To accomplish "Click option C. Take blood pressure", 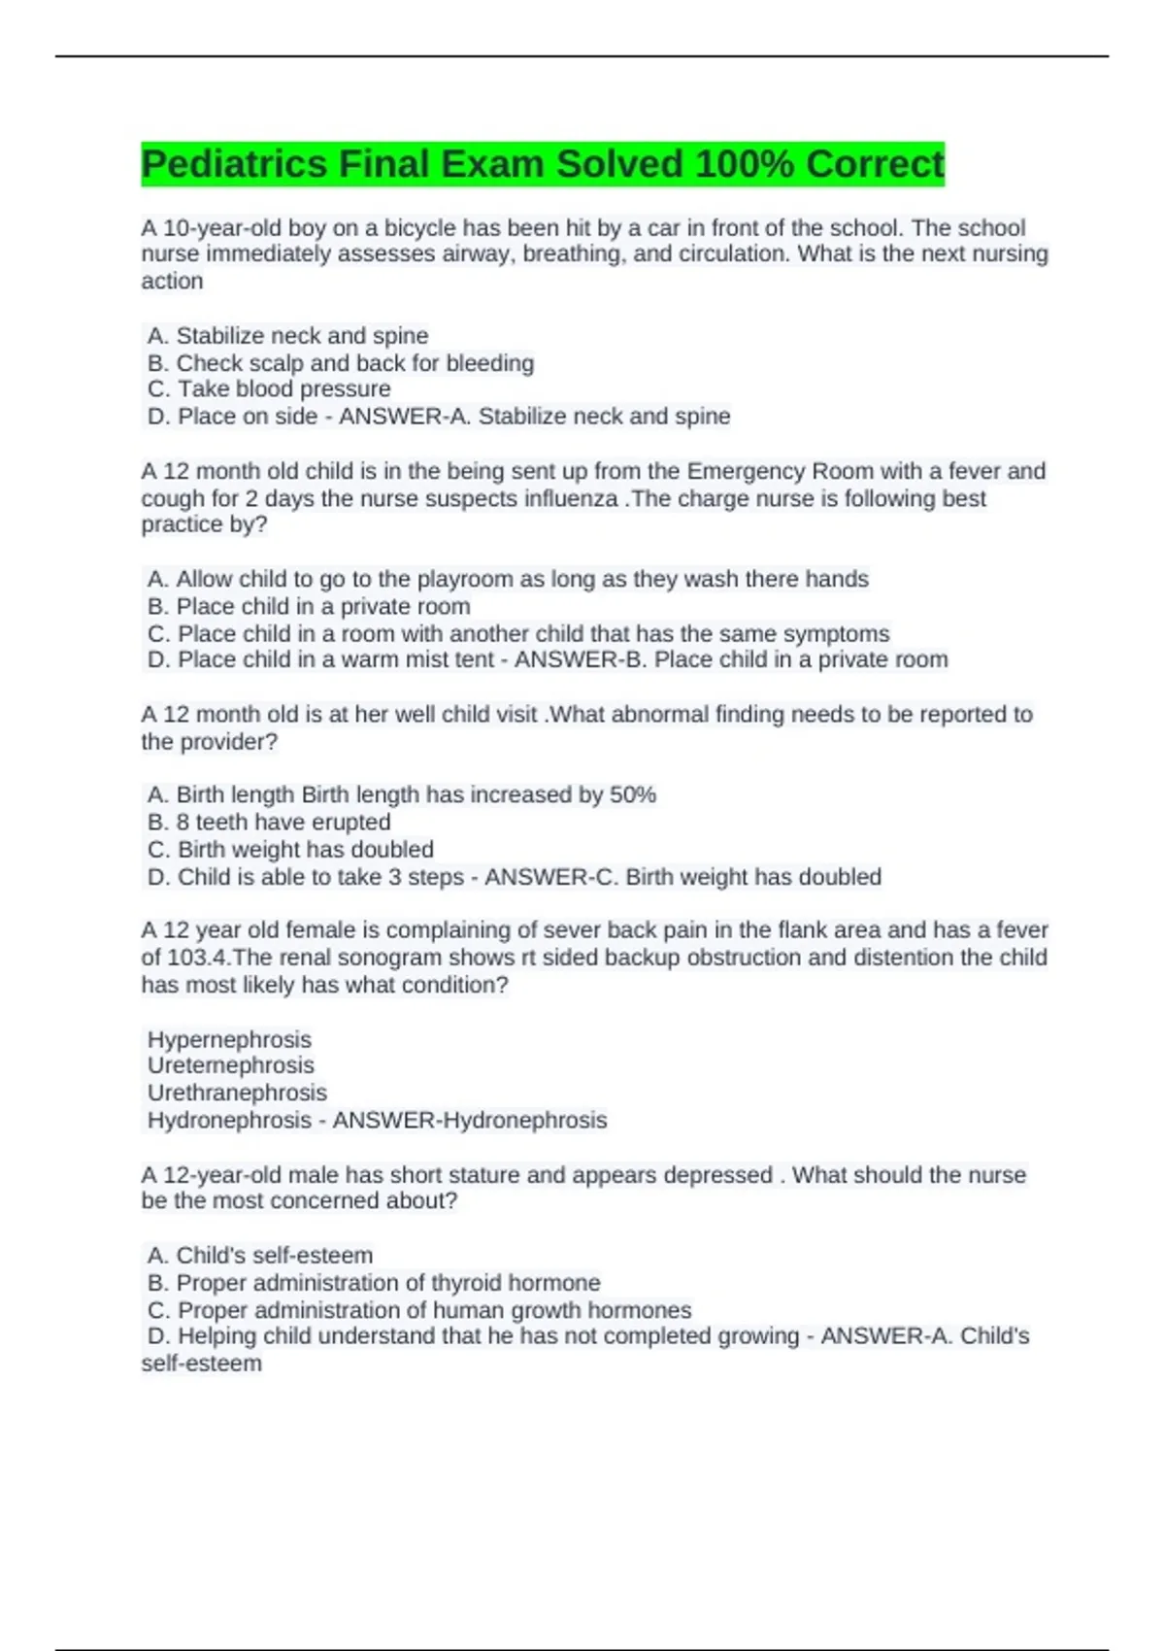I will pos(269,389).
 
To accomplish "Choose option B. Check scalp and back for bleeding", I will pos(340,363).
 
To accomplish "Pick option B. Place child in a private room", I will pos(309,606).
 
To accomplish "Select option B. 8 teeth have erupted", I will pos(269,822).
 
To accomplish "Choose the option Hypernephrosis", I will pos(229,1039).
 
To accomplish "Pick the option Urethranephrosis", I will pos(237,1093).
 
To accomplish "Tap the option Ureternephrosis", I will pos(231,1065).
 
